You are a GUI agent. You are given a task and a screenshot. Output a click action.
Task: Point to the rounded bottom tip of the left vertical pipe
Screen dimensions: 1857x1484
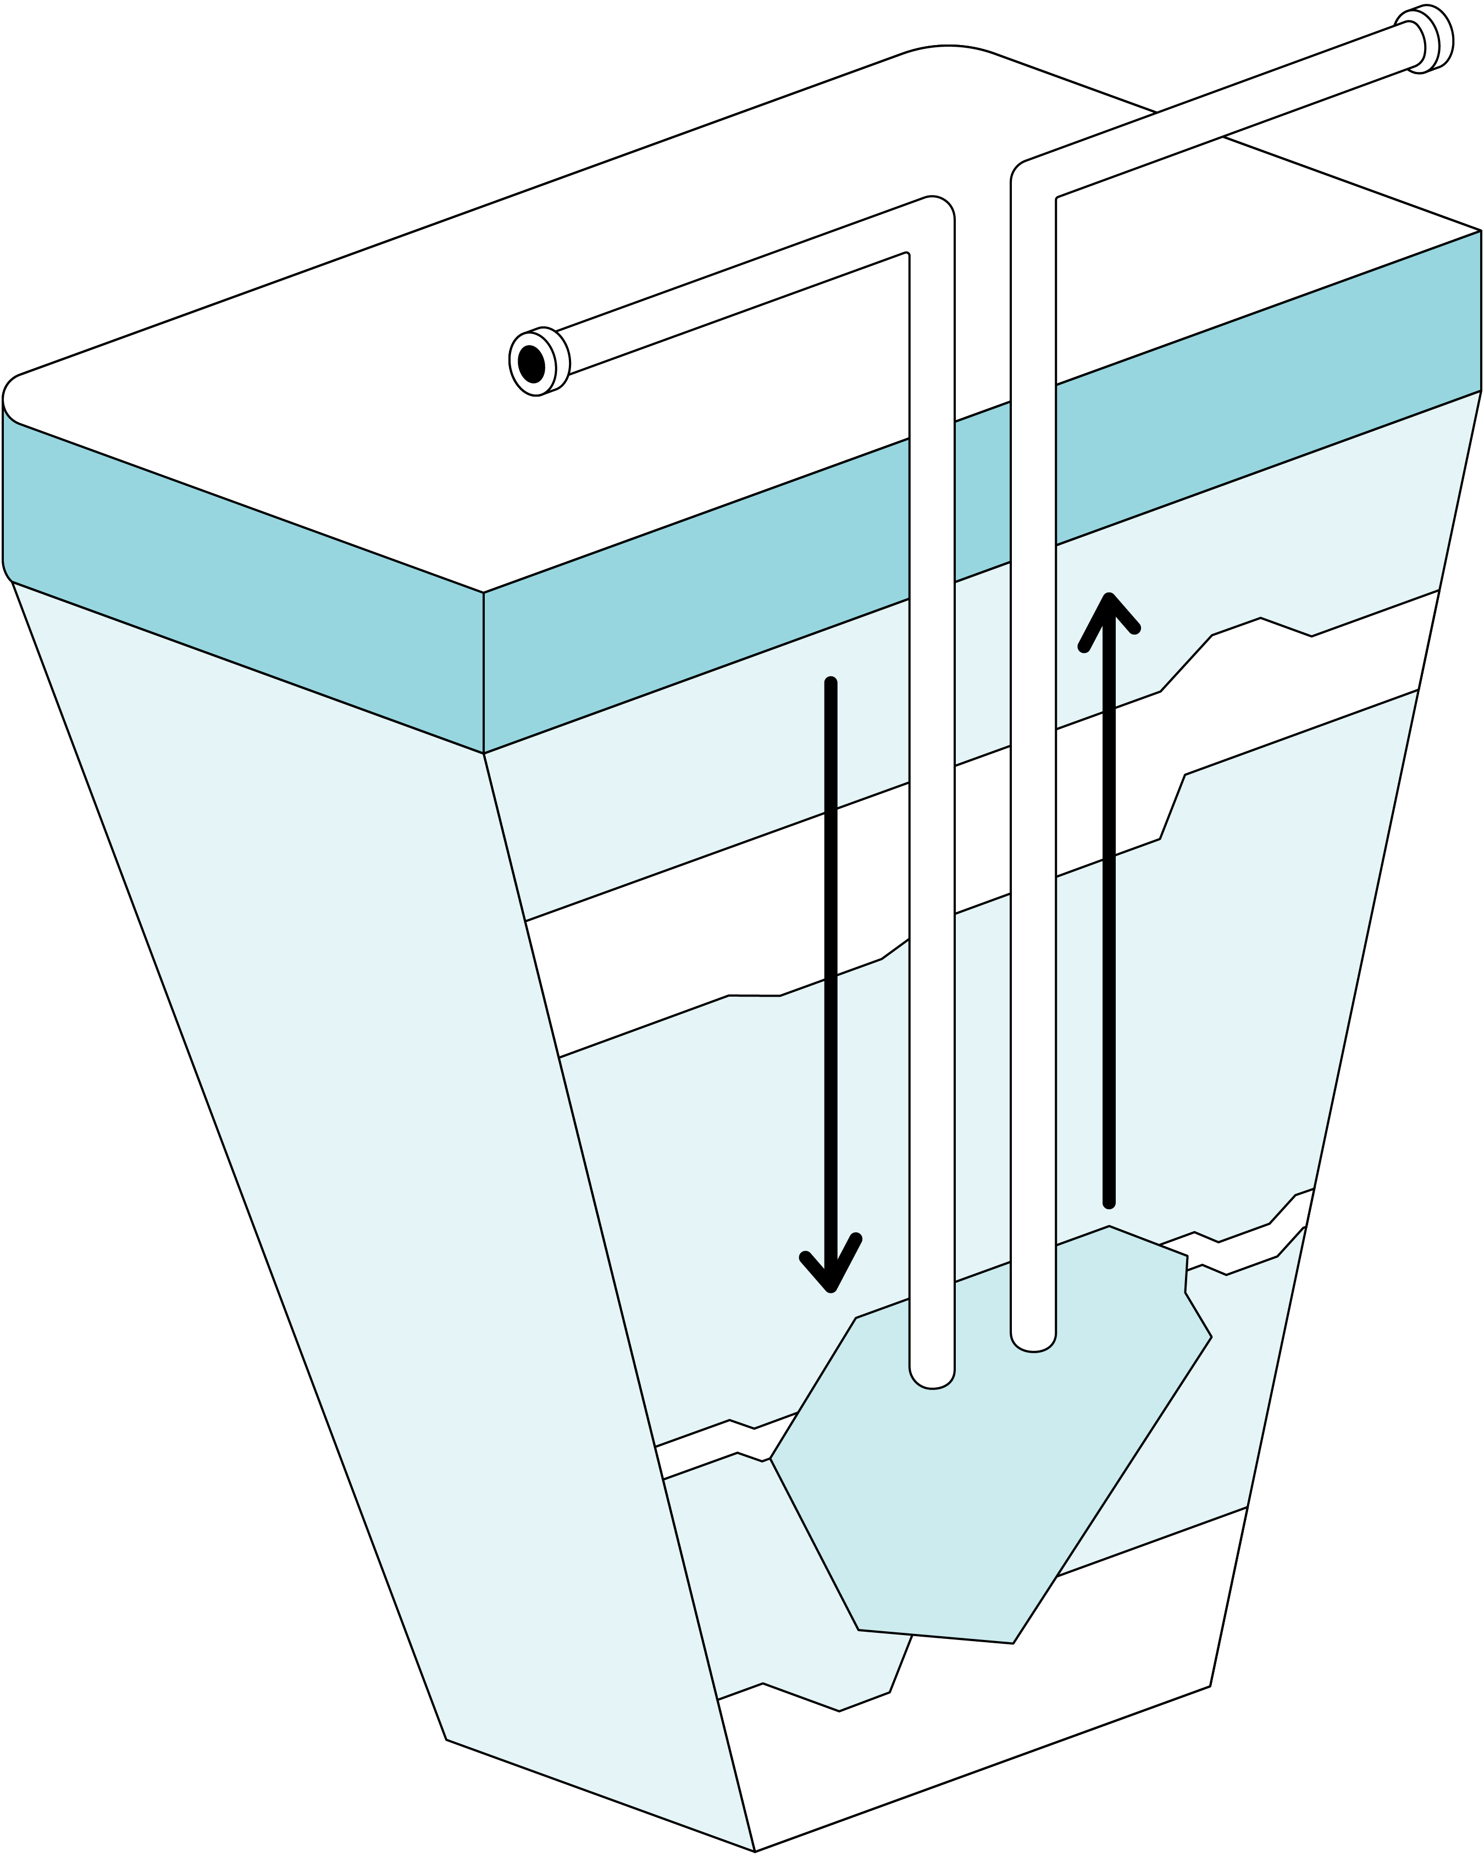coord(932,1376)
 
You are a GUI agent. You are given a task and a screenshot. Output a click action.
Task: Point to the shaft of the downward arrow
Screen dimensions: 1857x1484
coord(830,947)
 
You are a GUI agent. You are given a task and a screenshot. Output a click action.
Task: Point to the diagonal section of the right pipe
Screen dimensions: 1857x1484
coord(1223,112)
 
